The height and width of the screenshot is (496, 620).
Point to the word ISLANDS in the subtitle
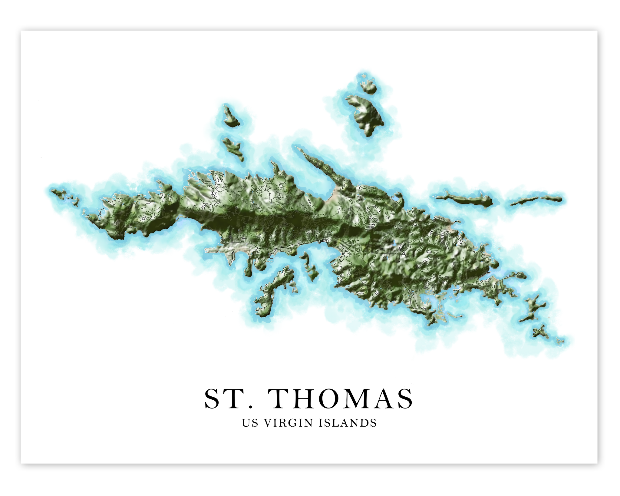[x=348, y=423]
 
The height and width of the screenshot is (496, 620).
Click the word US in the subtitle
[x=250, y=423]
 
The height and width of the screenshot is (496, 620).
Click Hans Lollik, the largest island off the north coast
[x=365, y=115]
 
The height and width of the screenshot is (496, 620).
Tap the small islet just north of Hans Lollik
[x=369, y=88]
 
